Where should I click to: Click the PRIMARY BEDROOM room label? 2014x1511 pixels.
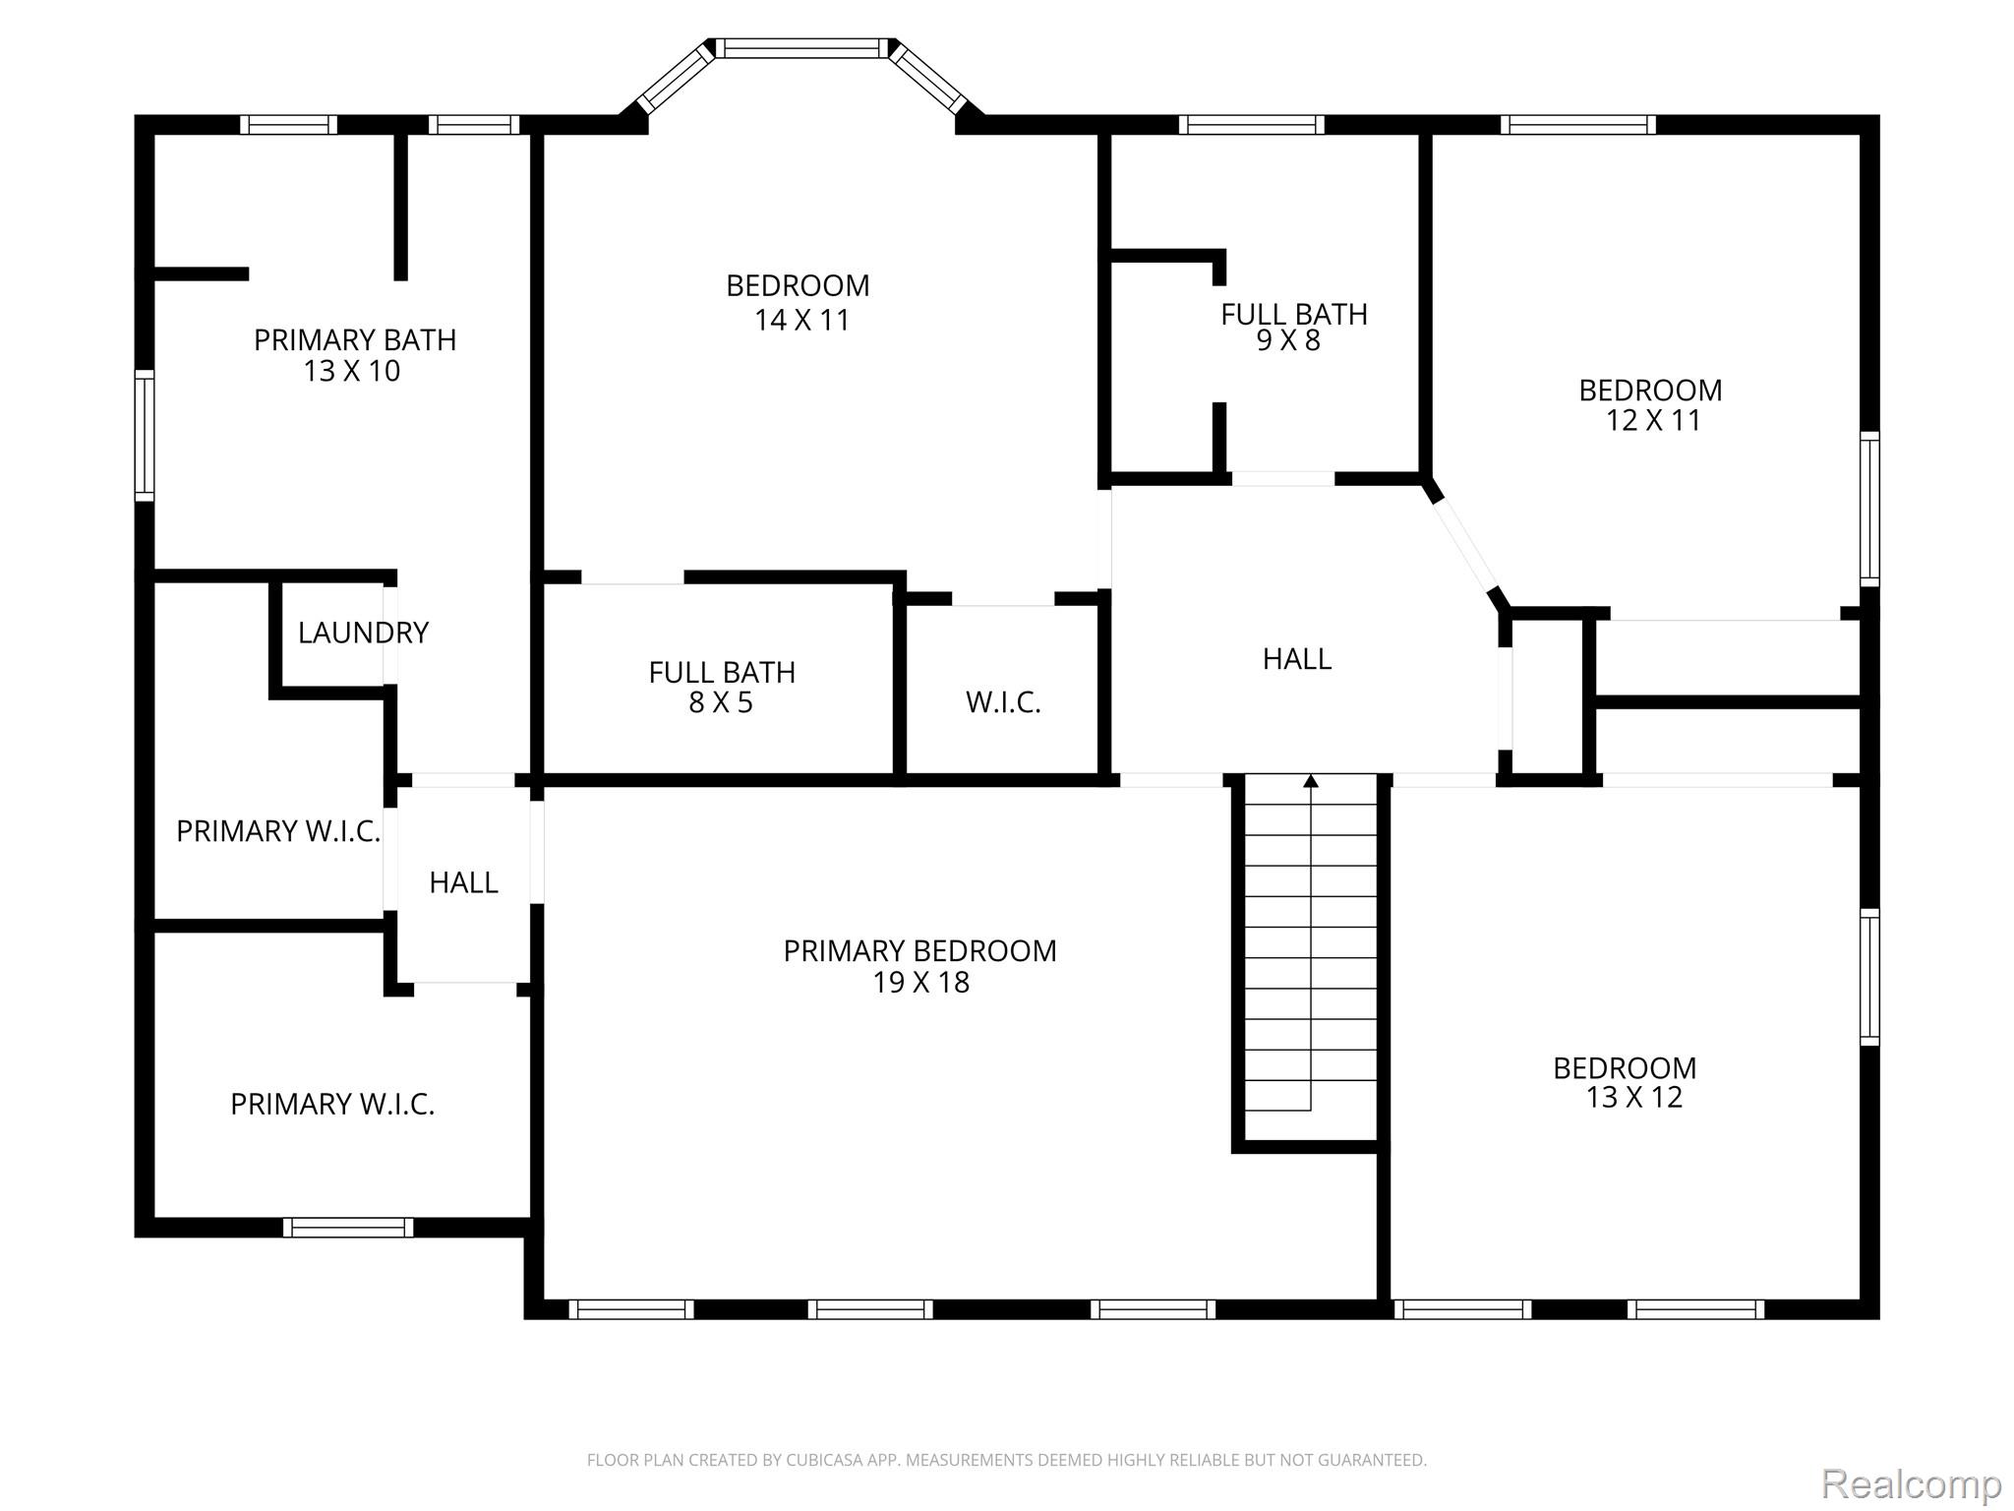(x=919, y=951)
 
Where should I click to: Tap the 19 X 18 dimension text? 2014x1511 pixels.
(x=920, y=983)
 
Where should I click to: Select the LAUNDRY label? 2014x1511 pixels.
(x=363, y=633)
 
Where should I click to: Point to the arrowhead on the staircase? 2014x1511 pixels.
(x=1310, y=781)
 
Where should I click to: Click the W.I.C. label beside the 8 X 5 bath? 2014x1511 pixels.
(x=1003, y=702)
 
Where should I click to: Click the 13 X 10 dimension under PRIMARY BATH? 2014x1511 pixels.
(x=352, y=372)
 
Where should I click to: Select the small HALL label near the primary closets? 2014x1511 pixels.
(x=463, y=883)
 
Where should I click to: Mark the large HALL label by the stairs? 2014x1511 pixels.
(x=1297, y=659)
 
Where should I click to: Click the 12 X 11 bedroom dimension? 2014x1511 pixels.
(x=1652, y=421)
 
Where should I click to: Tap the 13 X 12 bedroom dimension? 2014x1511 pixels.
(x=1633, y=1098)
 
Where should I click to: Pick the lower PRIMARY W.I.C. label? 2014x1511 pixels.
(x=332, y=1105)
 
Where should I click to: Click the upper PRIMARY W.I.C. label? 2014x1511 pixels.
(x=277, y=832)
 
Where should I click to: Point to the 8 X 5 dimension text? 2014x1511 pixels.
(x=720, y=703)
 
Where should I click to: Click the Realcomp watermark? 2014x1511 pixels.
(x=1911, y=1482)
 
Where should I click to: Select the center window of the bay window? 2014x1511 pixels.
(x=800, y=47)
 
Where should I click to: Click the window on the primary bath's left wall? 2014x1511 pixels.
(x=145, y=435)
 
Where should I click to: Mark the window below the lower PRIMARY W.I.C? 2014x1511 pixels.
(x=348, y=1227)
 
